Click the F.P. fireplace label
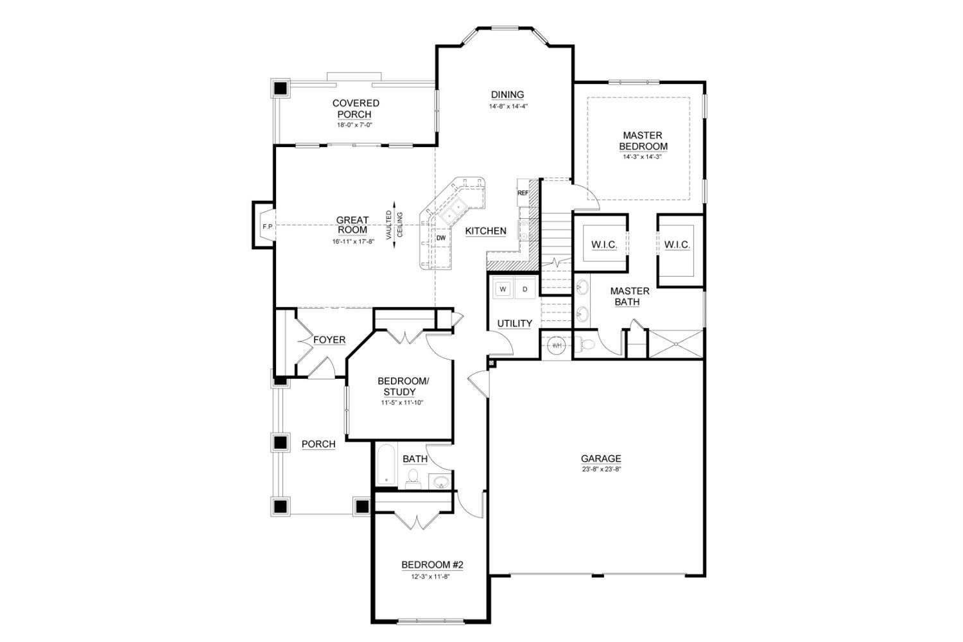(266, 227)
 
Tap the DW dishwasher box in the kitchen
(441, 238)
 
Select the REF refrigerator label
(523, 193)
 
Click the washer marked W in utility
(503, 290)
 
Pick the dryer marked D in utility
(525, 290)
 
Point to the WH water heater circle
(557, 345)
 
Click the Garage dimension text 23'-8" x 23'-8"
(601, 469)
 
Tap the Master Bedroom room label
(643, 141)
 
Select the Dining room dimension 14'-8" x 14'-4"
(508, 107)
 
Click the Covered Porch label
(355, 108)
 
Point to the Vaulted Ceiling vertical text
(394, 225)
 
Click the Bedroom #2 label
(432, 565)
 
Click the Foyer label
(329, 340)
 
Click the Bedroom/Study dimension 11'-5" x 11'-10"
(402, 403)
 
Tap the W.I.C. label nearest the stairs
(603, 245)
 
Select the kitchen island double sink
(458, 208)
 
